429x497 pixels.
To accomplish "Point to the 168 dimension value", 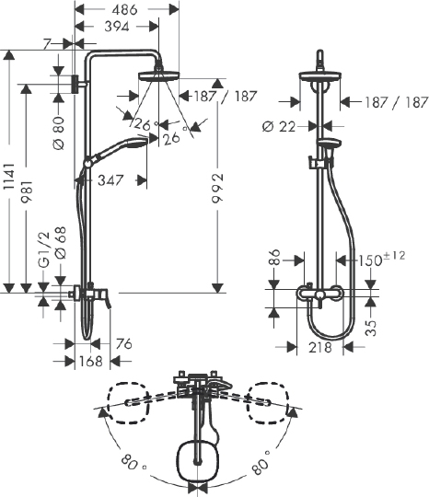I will point(89,361).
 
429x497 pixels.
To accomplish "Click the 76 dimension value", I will point(125,343).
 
